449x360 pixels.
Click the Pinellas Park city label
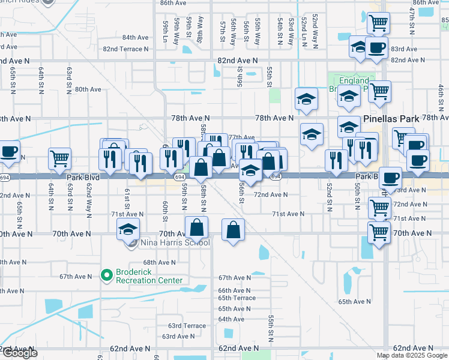(391, 119)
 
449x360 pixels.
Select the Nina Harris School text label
(175, 243)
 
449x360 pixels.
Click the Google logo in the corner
(19, 353)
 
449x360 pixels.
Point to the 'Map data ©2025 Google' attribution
(412, 355)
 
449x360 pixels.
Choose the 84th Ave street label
(135, 37)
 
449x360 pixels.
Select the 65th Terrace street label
(237, 298)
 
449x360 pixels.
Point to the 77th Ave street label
(242, 137)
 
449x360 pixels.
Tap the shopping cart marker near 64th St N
(59, 158)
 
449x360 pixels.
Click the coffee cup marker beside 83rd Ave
(376, 47)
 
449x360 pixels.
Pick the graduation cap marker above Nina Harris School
(128, 229)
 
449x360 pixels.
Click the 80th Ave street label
(88, 89)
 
